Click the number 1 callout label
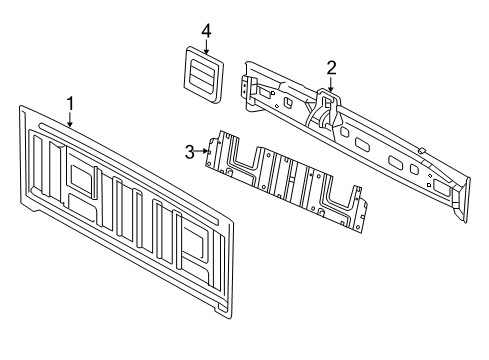pos(70,103)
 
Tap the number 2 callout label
pos(330,67)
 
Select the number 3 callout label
pos(189,152)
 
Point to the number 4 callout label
pos(205,30)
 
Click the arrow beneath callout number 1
pos(70,119)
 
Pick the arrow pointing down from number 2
pos(330,83)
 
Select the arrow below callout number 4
pos(205,45)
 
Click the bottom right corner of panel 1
pos(232,317)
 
